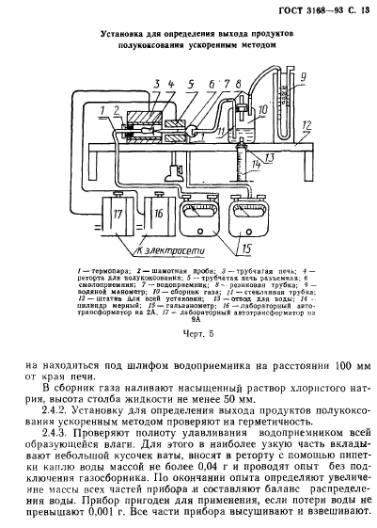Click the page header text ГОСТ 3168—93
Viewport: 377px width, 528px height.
pyautogui.click(x=302, y=10)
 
